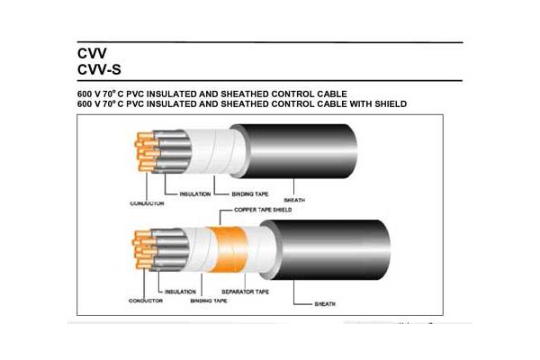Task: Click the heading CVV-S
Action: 99,69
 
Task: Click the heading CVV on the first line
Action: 92,53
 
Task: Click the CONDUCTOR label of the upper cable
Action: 147,203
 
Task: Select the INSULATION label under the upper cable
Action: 195,194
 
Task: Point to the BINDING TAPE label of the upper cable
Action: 250,194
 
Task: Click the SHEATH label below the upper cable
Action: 294,200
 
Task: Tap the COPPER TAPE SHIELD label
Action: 263,210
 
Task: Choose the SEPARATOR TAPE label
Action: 245,292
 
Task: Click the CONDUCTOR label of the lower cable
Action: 145,301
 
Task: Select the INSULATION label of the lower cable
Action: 180,292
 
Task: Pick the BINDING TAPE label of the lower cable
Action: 209,301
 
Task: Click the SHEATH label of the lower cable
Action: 325,304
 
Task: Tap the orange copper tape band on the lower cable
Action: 229,249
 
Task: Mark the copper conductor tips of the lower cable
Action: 144,249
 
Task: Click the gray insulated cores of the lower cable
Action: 171,248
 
